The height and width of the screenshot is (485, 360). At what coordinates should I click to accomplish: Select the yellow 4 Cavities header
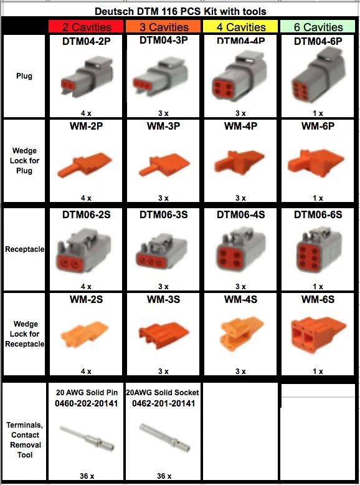(240, 27)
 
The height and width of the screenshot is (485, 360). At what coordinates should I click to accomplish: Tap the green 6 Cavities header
(318, 27)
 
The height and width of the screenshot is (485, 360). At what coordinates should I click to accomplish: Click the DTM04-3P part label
(163, 41)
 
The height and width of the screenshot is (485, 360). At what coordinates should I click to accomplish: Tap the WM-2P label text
(86, 127)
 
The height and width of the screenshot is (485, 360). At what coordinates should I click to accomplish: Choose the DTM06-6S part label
(318, 214)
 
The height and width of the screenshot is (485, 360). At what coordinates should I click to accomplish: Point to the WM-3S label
(163, 299)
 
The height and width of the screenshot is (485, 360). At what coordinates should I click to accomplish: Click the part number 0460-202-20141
(86, 403)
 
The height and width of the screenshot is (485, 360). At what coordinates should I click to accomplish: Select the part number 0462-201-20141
(163, 403)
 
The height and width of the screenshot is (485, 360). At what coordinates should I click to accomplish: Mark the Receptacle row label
(24, 249)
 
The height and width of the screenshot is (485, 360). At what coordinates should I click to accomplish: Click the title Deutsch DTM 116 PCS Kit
(179, 11)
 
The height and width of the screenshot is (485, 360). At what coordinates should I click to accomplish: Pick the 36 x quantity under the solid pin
(86, 476)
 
